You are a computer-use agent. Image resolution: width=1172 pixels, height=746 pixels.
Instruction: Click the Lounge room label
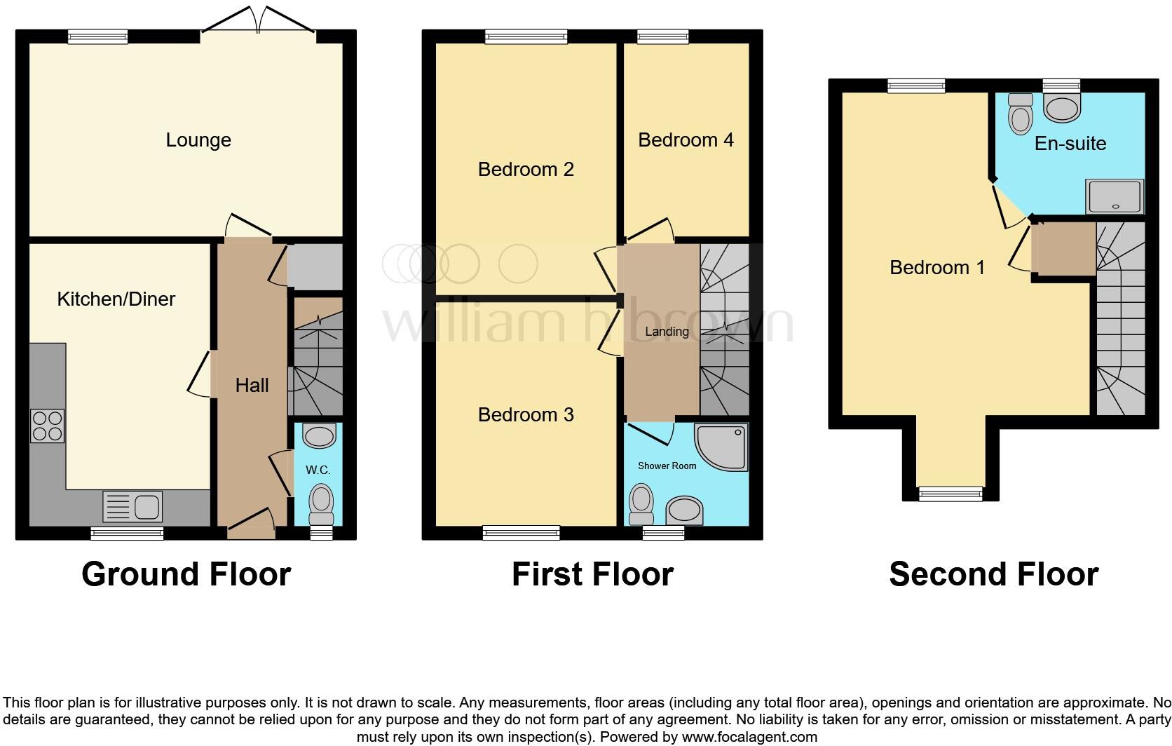[x=198, y=140]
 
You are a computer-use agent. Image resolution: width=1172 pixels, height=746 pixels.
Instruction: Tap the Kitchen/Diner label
[x=116, y=299]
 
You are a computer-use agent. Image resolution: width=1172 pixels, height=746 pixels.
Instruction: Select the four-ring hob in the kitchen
[x=47, y=426]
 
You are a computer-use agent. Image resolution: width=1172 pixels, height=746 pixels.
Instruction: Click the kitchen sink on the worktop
[x=132, y=506]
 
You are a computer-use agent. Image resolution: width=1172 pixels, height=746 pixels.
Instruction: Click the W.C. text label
[x=318, y=470]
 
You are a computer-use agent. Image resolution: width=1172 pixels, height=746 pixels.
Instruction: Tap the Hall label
[x=252, y=385]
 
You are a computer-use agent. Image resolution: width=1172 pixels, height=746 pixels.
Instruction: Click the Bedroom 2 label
[x=526, y=170]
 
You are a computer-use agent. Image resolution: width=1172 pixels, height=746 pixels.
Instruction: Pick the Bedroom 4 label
[x=686, y=140]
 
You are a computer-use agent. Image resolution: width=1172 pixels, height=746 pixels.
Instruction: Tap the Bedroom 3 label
[x=526, y=415]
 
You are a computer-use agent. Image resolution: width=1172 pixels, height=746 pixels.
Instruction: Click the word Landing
[x=667, y=332]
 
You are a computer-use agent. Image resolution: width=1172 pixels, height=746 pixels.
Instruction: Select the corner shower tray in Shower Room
[x=723, y=446]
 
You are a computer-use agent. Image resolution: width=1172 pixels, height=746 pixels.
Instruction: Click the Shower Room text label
[x=667, y=466]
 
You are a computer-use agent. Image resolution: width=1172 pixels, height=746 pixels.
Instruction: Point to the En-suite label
[x=1070, y=144]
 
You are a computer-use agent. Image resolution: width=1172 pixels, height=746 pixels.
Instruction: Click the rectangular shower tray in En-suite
[x=1115, y=197]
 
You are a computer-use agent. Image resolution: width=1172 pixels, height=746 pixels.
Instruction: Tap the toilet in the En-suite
[x=1020, y=114]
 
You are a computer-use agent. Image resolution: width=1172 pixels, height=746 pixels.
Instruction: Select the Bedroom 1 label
[x=937, y=268]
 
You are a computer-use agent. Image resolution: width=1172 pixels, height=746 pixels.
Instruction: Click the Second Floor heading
[x=993, y=574]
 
